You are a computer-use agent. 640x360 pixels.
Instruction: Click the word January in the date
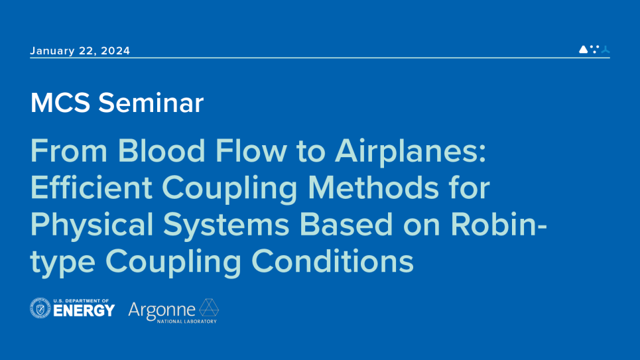coord(52,51)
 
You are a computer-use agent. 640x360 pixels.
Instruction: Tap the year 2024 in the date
coord(115,50)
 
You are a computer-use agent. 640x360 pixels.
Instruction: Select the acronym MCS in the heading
coord(60,103)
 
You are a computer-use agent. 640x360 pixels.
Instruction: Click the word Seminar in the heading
coord(151,103)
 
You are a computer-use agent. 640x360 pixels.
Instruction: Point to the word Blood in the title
coord(161,150)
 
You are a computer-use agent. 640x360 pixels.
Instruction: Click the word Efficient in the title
coord(92,188)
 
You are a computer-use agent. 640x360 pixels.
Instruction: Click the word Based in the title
coord(346,224)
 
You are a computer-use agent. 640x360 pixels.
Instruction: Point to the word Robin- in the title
coord(499,224)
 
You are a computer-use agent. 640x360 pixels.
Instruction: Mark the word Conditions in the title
coord(333,261)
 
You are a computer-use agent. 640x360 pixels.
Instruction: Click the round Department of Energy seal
coord(40,308)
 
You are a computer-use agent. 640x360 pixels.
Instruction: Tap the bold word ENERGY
coord(84,311)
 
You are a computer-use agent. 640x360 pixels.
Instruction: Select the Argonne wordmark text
coord(162,311)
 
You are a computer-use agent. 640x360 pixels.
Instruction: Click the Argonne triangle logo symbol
coord(209,308)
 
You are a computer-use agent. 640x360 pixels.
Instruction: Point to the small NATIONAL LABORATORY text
coord(187,322)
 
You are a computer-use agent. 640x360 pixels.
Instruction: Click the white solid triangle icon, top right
coord(583,49)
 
